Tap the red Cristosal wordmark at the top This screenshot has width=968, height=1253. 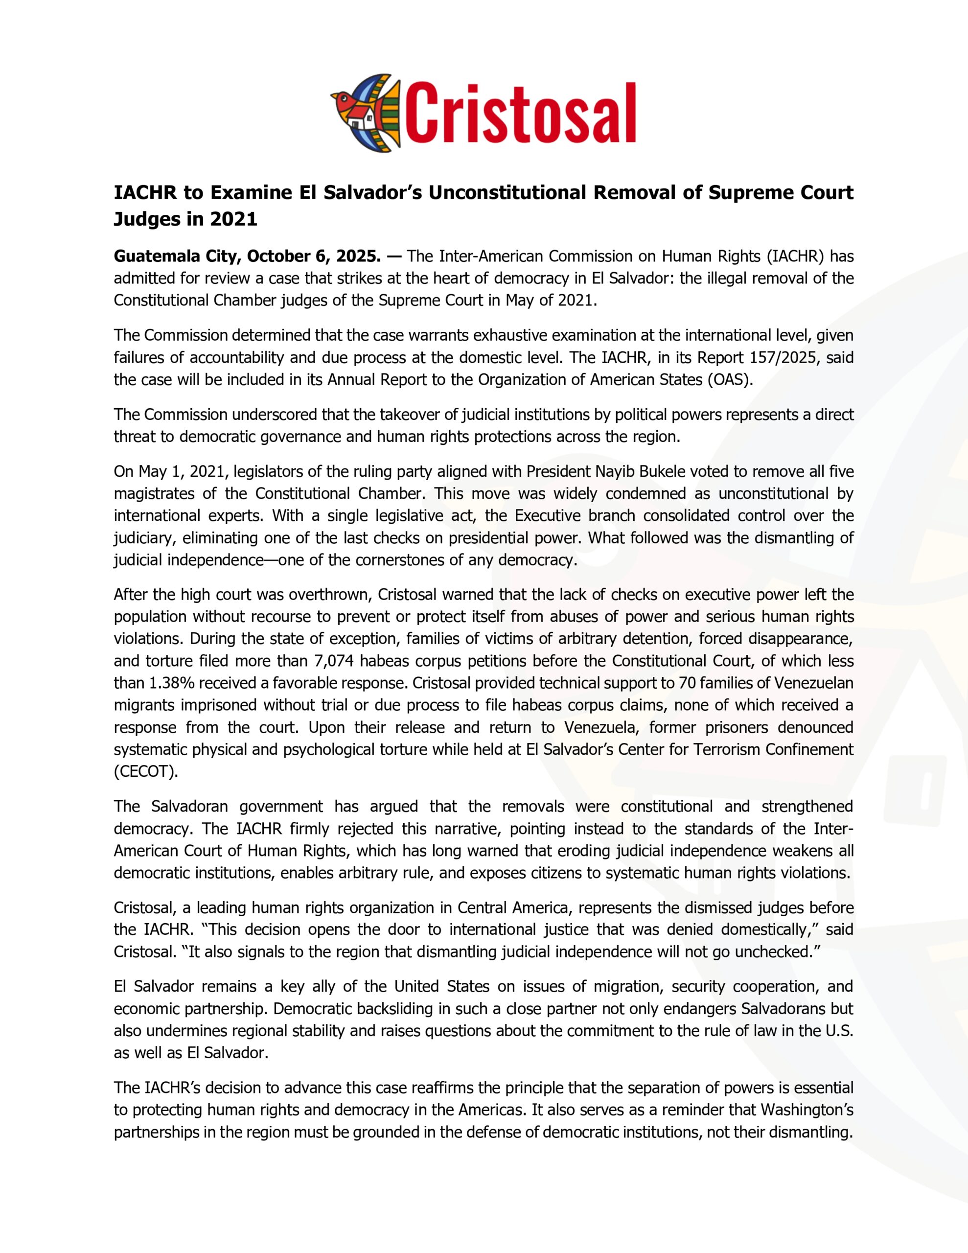[522, 113]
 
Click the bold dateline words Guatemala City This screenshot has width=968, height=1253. [176, 255]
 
